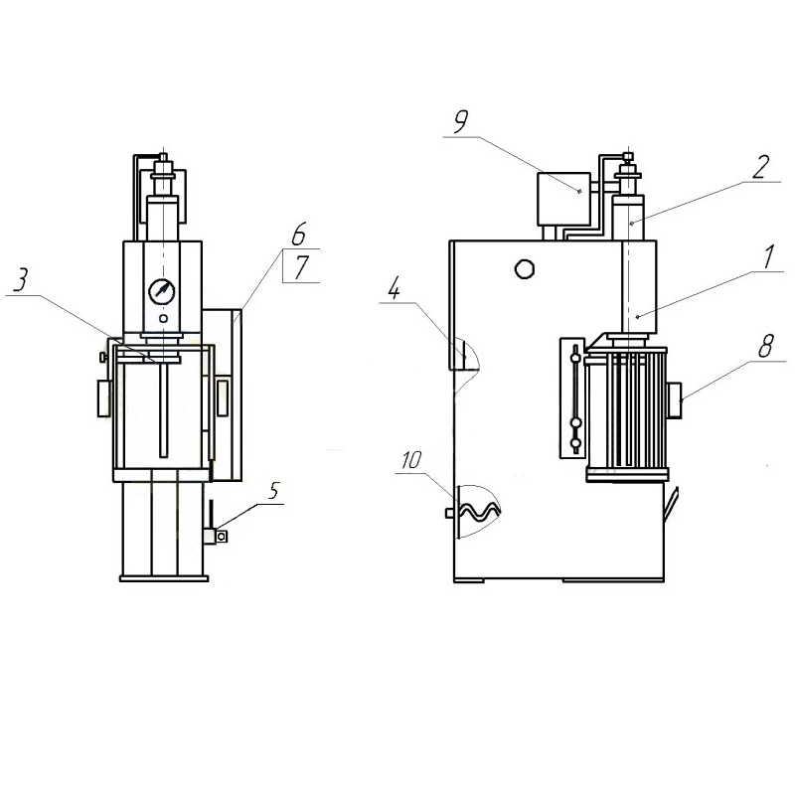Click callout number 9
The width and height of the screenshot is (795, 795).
[461, 122]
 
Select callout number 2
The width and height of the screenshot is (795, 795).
[760, 167]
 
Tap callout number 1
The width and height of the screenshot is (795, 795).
[769, 256]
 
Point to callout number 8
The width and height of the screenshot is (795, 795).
[765, 346]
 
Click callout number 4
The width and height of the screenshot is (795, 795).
[394, 289]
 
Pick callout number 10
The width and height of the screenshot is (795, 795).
[411, 460]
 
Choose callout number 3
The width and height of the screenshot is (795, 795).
[20, 280]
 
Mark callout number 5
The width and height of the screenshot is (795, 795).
[274, 490]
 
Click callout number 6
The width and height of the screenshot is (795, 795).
[299, 234]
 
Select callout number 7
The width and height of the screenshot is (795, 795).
[301, 267]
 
